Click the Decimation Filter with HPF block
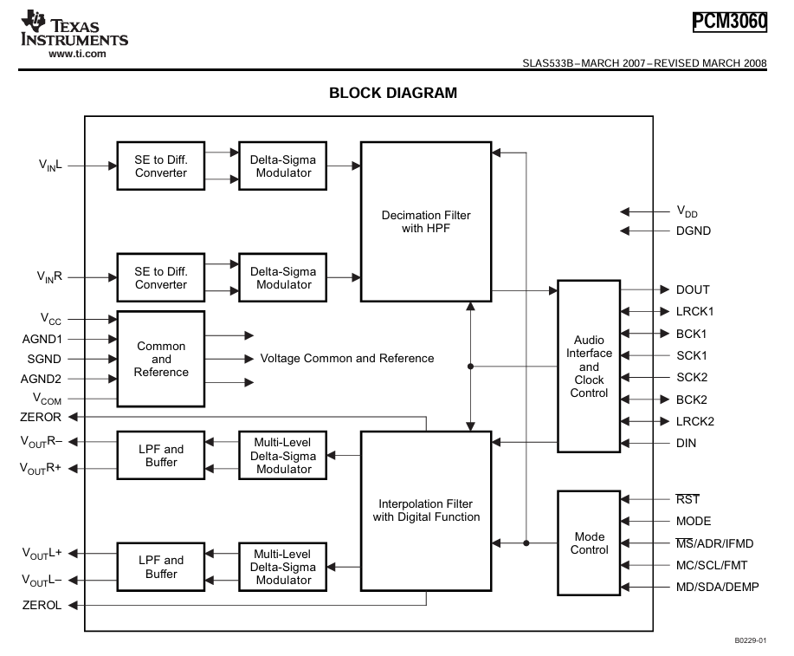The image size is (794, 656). point(426,222)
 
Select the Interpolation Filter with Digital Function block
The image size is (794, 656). point(426,510)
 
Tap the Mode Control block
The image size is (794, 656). point(589,543)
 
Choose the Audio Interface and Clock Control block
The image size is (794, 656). point(589,366)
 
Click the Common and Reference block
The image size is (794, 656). point(161,359)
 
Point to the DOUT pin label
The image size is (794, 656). point(693,289)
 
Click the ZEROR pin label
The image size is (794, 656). point(41,417)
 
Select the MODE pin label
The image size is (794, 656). point(694,521)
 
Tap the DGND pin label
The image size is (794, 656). point(694,231)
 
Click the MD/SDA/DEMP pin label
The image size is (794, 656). point(714,588)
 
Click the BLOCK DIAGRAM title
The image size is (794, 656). point(393,93)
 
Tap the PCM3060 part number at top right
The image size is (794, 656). point(730,20)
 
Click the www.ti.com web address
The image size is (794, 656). point(77,54)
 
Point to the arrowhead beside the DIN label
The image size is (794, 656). point(629,444)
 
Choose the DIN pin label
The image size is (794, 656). point(686,444)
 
